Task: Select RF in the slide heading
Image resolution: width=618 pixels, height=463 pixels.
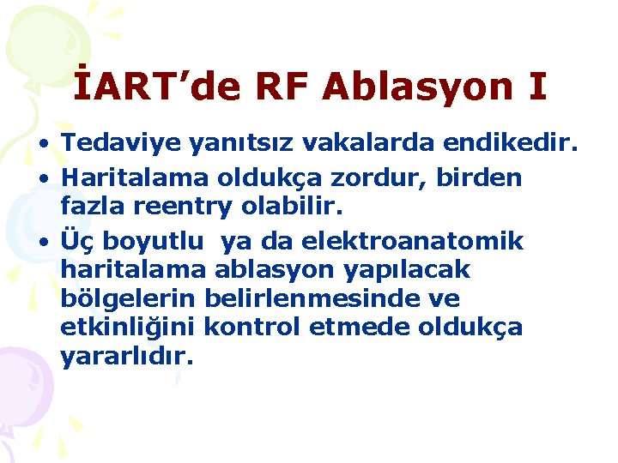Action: (281, 87)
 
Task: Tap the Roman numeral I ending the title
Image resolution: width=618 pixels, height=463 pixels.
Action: (536, 87)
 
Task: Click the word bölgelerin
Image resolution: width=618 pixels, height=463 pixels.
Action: (128, 299)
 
